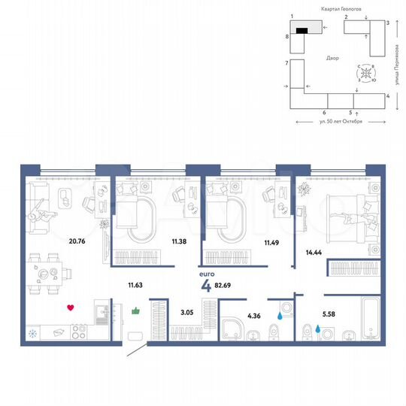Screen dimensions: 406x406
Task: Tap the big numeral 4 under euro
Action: pos(205,286)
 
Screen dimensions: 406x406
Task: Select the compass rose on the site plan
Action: pos(366,74)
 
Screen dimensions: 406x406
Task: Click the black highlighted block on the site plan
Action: pos(302,31)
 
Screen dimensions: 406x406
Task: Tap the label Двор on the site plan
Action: pos(332,57)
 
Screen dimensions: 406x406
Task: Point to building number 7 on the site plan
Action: pos(287,64)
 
